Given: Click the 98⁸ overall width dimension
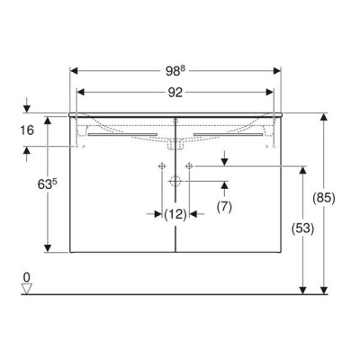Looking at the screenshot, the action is (x=175, y=71).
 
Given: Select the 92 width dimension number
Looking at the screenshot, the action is (x=175, y=93).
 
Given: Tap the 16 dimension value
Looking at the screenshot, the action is (x=27, y=130).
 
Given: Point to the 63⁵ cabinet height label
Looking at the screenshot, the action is (x=48, y=184).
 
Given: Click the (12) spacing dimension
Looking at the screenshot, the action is (x=175, y=214).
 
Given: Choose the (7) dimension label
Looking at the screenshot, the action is (x=224, y=206).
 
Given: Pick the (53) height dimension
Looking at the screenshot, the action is (x=303, y=229).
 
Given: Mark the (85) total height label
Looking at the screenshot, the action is (x=324, y=198).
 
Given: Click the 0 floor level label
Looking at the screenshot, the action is (x=27, y=277).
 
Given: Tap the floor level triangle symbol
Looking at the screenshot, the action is (x=27, y=289).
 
